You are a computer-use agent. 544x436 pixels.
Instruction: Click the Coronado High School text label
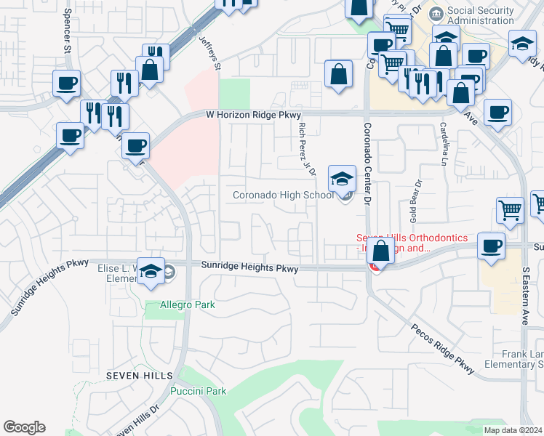tap(283, 195)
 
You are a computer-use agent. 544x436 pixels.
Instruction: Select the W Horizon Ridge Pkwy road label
tap(253, 115)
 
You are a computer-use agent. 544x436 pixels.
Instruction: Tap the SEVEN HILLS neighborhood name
tap(139, 376)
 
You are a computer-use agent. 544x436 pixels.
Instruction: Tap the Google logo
tap(24, 427)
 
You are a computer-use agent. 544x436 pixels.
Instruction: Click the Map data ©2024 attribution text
tap(513, 430)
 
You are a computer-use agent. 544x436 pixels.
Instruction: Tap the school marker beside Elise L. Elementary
tap(151, 272)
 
